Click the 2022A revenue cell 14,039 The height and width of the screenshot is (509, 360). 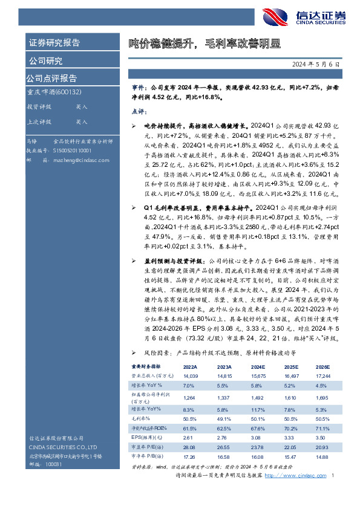pos(191,376)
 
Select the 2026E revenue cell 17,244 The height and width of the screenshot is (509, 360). pos(322,376)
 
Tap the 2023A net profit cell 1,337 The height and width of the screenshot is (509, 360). pos(223,398)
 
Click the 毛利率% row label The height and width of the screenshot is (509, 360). pos(141,418)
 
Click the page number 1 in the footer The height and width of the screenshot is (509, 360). pos(333,477)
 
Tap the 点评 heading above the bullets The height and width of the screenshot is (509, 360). pos(139,112)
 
